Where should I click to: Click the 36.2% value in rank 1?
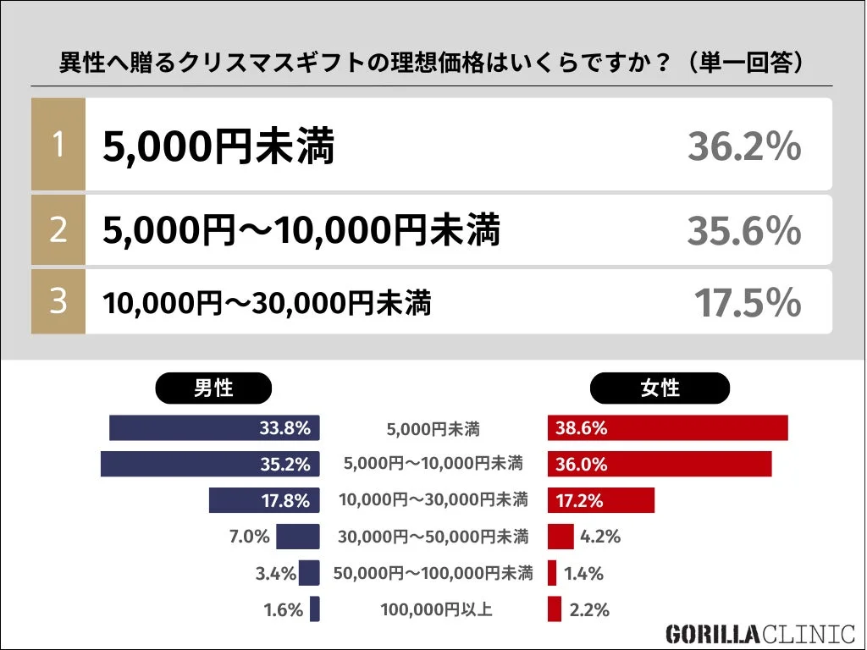[743, 147]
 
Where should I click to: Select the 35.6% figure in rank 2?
[743, 230]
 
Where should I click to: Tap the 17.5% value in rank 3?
[747, 303]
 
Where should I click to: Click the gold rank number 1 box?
[58, 144]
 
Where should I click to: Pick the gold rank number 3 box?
[58, 301]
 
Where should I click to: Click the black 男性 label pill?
[213, 388]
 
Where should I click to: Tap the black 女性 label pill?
[660, 388]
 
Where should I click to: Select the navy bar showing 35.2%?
[209, 464]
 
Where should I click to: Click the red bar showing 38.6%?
[667, 428]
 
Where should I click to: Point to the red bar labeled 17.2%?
[600, 500]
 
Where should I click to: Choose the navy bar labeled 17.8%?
[264, 500]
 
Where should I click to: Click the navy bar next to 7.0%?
[297, 537]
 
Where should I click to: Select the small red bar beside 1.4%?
[552, 573]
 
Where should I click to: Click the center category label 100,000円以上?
[435, 609]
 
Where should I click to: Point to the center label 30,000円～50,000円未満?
[433, 537]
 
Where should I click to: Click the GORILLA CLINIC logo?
[759, 634]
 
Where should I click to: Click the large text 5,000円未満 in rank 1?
[218, 147]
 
